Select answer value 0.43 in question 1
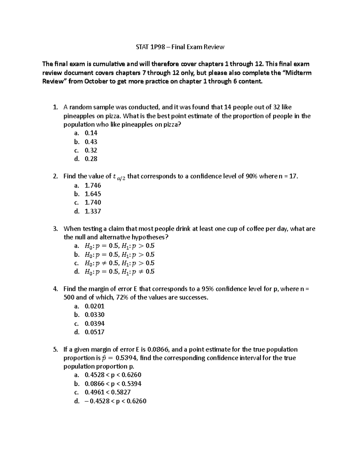click(x=91, y=142)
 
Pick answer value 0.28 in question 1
click(x=91, y=159)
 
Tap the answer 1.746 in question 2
click(x=93, y=185)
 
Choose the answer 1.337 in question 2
click(x=93, y=211)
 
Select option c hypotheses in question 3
click(x=119, y=263)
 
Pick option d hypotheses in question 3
click(x=119, y=272)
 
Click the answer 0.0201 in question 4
click(x=94, y=306)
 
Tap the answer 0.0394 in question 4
click(x=94, y=323)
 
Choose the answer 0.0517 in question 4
click(x=94, y=332)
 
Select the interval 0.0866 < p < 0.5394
click(x=113, y=384)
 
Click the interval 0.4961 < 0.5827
click(x=108, y=392)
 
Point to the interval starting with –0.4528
click(x=115, y=401)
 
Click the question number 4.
click(x=55, y=289)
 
